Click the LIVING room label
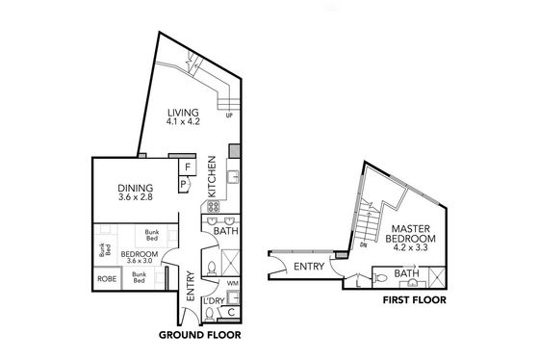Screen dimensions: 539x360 pyautogui.click(x=183, y=113)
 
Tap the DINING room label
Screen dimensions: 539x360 pyautogui.click(x=135, y=188)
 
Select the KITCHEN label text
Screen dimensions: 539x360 pyautogui.click(x=212, y=177)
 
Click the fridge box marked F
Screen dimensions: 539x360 pyautogui.click(x=188, y=167)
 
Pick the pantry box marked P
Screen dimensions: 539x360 pyautogui.click(x=183, y=184)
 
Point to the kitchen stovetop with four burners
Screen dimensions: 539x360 pyautogui.click(x=213, y=206)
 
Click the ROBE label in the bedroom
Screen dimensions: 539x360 pyautogui.click(x=107, y=279)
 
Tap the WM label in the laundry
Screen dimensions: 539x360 pyautogui.click(x=233, y=283)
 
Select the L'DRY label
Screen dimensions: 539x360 pyautogui.click(x=214, y=301)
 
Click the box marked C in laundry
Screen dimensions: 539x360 pyautogui.click(x=231, y=313)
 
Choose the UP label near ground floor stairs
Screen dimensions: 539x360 pyautogui.click(x=229, y=116)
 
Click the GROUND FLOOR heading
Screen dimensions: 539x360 pyautogui.click(x=200, y=335)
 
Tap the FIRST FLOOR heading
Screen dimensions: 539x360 pyautogui.click(x=415, y=300)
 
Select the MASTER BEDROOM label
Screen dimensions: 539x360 pyautogui.click(x=410, y=234)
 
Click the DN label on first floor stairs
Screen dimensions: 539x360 pyautogui.click(x=363, y=244)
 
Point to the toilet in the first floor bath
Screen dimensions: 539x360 pyautogui.click(x=381, y=277)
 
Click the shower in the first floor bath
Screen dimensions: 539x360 pyautogui.click(x=438, y=277)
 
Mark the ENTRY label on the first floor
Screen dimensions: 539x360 pyautogui.click(x=309, y=267)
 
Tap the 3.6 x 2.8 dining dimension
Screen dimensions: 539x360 pyautogui.click(x=135, y=197)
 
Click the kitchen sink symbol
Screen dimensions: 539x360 pyautogui.click(x=233, y=177)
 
